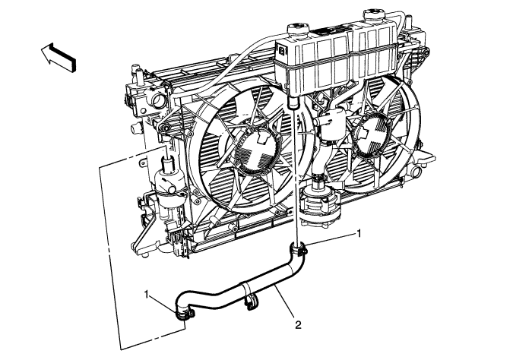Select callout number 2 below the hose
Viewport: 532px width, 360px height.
click(x=298, y=324)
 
